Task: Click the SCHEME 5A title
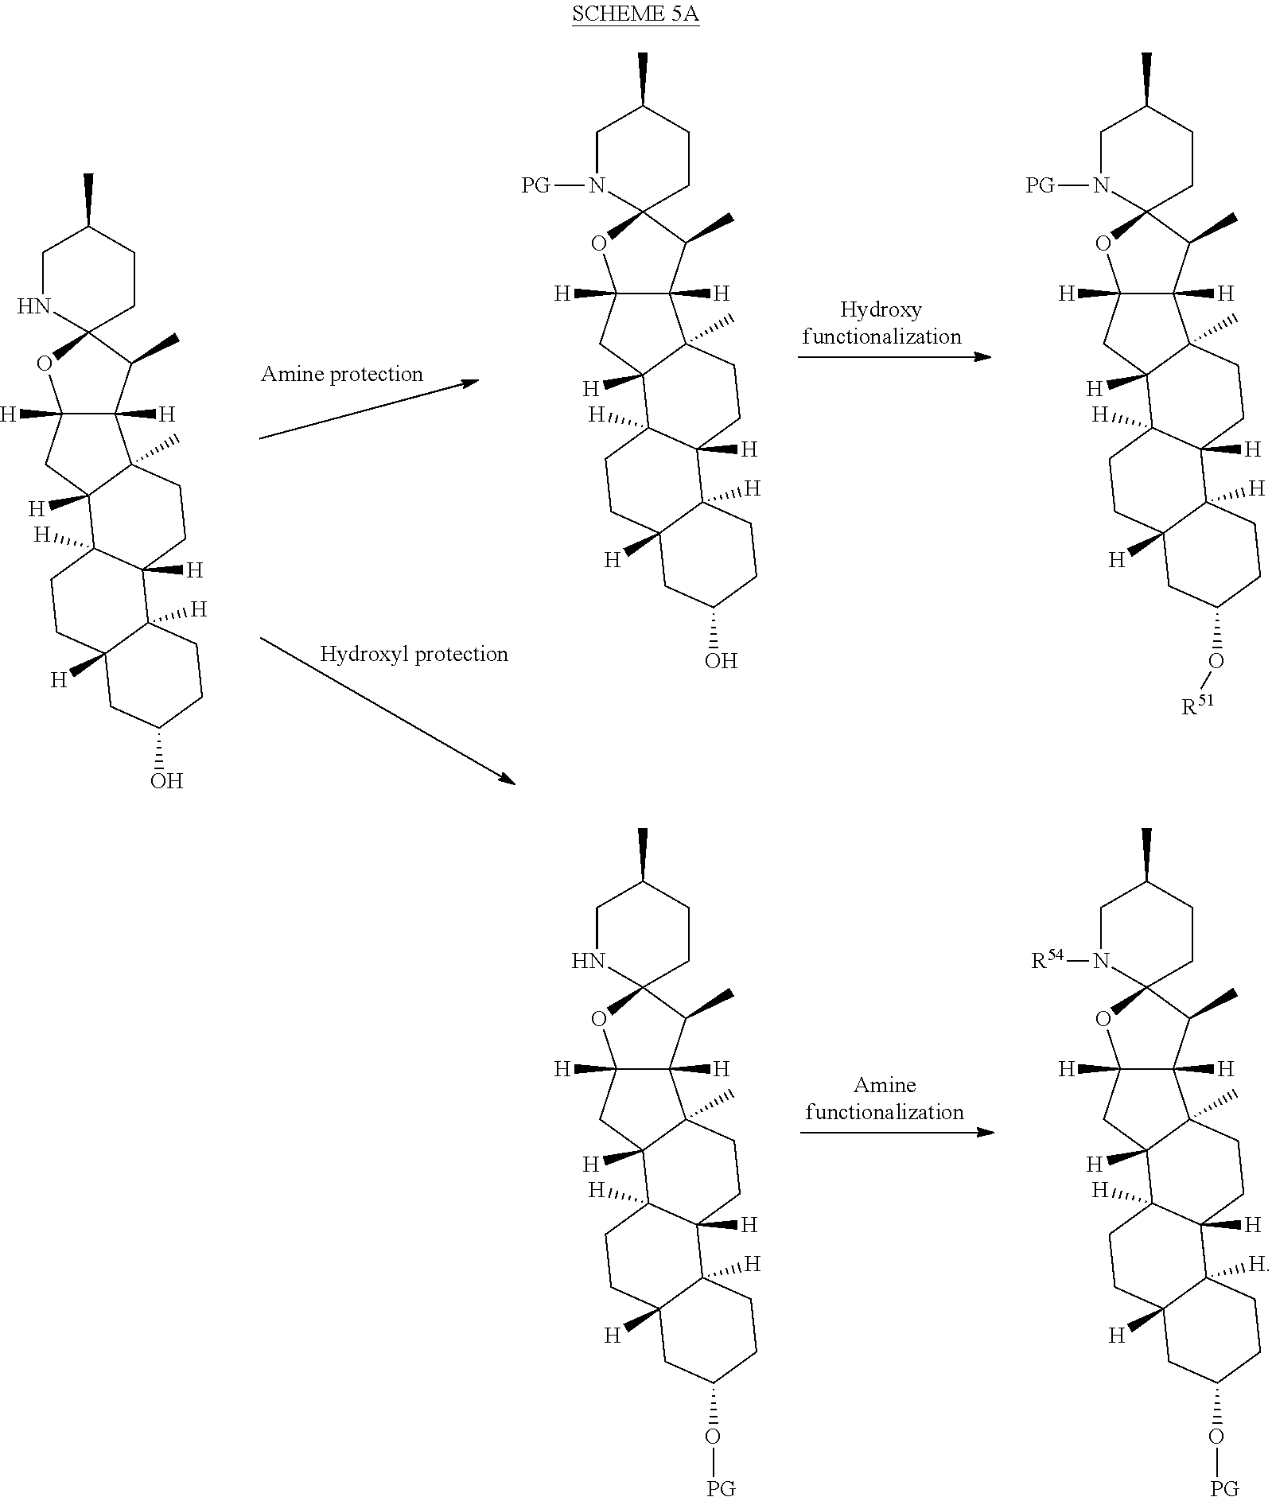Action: (636, 15)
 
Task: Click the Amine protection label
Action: (341, 374)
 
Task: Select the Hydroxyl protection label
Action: (414, 654)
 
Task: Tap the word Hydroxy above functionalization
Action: (881, 309)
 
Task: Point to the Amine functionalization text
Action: (884, 1098)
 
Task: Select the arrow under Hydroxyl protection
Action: (387, 710)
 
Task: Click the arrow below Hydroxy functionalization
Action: (894, 357)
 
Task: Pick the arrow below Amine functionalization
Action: (897, 1132)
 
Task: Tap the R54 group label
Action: (1047, 960)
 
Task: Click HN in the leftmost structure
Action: (34, 306)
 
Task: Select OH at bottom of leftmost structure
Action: (166, 781)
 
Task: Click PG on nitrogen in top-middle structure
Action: (536, 186)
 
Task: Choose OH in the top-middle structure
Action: (721, 660)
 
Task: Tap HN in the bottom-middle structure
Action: (589, 961)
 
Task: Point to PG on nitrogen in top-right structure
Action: (1040, 186)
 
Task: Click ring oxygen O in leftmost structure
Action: (45, 364)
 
